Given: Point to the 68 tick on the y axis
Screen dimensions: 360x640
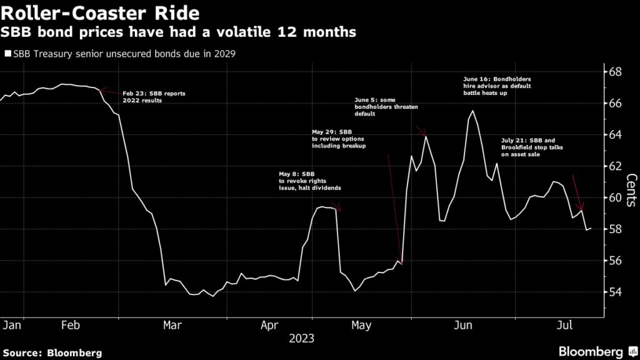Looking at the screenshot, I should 615,71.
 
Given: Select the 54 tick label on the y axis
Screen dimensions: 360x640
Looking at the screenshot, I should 615,292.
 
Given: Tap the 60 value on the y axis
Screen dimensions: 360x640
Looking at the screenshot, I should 615,197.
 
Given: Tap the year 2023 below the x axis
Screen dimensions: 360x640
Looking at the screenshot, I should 301,339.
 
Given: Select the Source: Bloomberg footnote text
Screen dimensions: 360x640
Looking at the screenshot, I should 52,353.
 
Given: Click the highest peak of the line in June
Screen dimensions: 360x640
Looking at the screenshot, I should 472,111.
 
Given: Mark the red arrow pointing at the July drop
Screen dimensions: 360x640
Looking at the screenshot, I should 577,193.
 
